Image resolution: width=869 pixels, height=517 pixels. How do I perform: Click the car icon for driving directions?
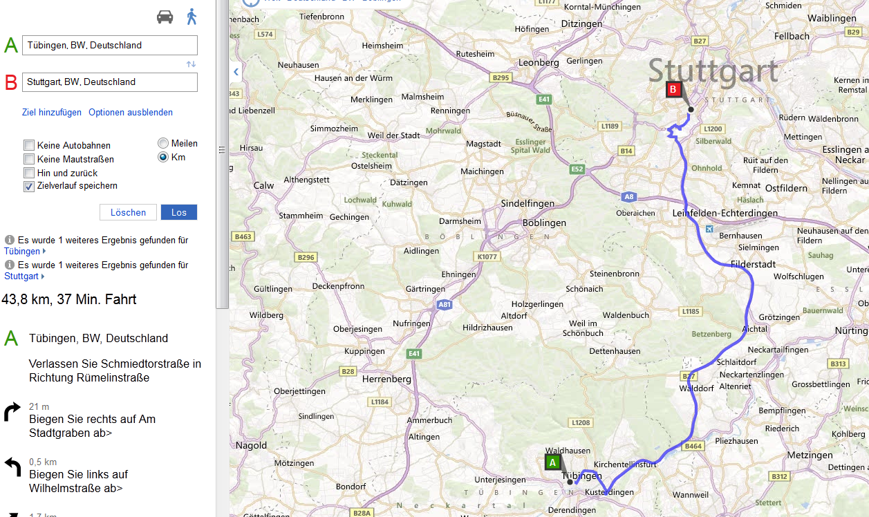tap(165, 17)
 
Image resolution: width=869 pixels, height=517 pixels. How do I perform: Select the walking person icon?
tap(192, 17)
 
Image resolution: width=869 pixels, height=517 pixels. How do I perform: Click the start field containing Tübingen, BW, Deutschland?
tap(110, 46)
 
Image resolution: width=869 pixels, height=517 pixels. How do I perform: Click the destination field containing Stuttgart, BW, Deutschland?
tap(110, 82)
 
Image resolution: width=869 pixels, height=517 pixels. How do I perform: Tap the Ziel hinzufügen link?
tap(52, 112)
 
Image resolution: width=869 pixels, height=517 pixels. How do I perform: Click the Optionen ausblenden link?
tap(131, 112)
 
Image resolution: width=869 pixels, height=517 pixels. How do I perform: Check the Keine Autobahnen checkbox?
tap(29, 145)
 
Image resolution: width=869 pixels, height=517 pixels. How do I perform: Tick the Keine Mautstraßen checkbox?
tap(29, 159)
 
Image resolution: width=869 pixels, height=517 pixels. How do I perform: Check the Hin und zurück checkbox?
tap(29, 173)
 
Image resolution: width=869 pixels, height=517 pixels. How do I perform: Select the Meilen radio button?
tap(163, 143)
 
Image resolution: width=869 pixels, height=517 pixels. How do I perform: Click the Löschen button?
tap(128, 212)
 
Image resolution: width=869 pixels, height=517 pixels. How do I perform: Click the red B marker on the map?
tap(673, 89)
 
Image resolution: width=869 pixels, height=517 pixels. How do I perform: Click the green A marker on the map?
tap(552, 462)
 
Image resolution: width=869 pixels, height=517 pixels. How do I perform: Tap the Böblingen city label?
tap(544, 223)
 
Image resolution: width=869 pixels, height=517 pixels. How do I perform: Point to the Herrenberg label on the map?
tap(387, 379)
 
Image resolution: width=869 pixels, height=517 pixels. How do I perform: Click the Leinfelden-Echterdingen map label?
tap(725, 213)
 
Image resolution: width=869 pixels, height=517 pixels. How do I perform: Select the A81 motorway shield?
tap(445, 303)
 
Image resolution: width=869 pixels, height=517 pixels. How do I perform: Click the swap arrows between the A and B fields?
tap(191, 64)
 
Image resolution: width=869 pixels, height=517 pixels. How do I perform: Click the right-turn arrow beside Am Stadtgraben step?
tap(12, 413)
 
